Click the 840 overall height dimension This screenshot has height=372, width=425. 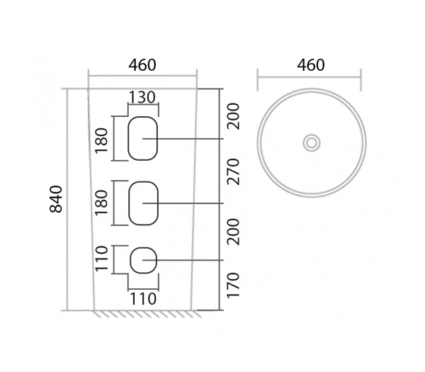pos(57,199)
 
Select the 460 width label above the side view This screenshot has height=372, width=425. pos(142,65)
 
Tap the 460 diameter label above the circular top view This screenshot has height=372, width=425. pos(310,65)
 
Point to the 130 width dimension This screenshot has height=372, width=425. pos(142,97)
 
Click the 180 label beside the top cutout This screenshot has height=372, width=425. pos(101,140)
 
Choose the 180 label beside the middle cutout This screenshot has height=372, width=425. pos(101,203)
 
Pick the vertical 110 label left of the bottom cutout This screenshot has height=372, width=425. pos(101,259)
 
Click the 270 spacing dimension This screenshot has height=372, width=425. pos(234,171)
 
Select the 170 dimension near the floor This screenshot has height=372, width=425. pos(234,285)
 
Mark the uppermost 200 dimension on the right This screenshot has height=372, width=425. pos(234,115)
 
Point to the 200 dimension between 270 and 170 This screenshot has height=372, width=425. pos(234,231)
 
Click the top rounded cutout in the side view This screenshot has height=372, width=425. pos(142,137)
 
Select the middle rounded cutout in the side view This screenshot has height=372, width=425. pos(143,203)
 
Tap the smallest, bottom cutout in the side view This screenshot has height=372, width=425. pos(143,260)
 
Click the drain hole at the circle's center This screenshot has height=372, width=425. pos(311,142)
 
